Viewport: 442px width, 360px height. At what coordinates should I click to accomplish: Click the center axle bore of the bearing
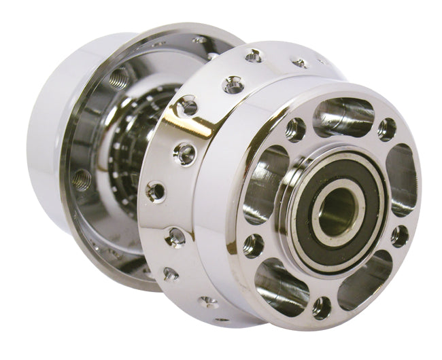tap(339, 206)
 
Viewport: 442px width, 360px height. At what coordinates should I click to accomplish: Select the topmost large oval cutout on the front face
tap(345, 116)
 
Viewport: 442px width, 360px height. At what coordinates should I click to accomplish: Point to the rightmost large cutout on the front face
tap(402, 181)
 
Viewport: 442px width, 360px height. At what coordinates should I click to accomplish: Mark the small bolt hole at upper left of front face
tap(295, 129)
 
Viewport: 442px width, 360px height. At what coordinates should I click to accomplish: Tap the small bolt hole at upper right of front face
tap(387, 128)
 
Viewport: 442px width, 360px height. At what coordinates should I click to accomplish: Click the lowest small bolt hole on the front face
tap(322, 308)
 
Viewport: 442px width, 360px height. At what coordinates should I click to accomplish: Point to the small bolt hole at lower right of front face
tap(399, 236)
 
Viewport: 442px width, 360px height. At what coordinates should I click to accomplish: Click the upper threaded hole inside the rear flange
tap(118, 78)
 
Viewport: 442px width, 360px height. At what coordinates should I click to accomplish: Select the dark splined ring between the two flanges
tap(136, 143)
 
